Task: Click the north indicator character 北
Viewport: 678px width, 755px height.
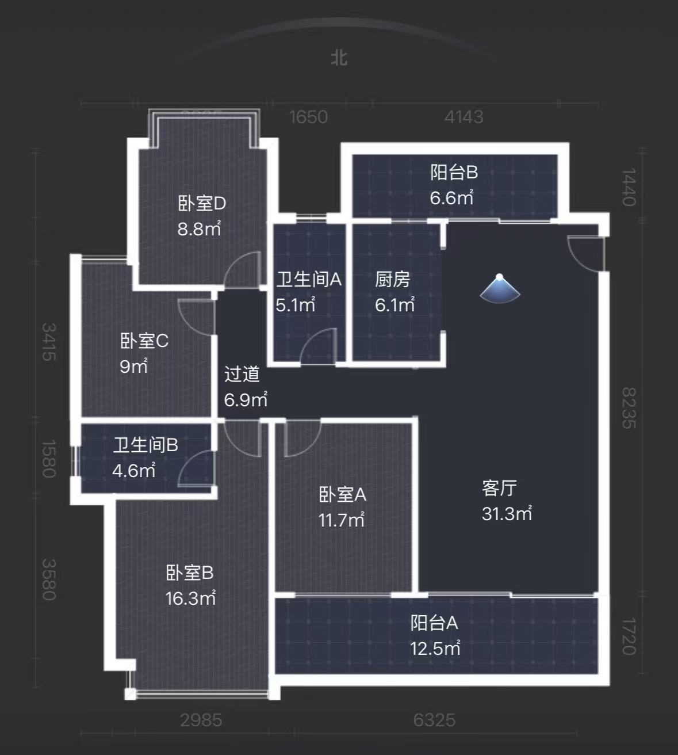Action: pyautogui.click(x=339, y=58)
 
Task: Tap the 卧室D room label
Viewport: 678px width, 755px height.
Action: pyautogui.click(x=201, y=204)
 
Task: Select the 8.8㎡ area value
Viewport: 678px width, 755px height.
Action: pyautogui.click(x=199, y=229)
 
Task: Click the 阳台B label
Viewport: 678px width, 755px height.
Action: pyautogui.click(x=454, y=172)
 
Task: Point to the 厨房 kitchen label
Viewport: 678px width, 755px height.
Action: pyautogui.click(x=393, y=280)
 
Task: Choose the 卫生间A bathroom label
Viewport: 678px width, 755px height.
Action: pyautogui.click(x=309, y=280)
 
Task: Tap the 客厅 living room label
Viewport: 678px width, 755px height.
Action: pyautogui.click(x=499, y=488)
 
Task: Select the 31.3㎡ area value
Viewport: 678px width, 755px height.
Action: pyautogui.click(x=507, y=513)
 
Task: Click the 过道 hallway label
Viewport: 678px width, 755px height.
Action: pyautogui.click(x=242, y=374)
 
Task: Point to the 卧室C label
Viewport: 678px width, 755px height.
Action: pyautogui.click(x=144, y=341)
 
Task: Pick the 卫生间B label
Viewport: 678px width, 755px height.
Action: pyautogui.click(x=145, y=445)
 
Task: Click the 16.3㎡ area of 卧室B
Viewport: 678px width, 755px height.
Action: pyautogui.click(x=190, y=598)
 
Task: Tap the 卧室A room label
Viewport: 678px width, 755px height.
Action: pyautogui.click(x=342, y=494)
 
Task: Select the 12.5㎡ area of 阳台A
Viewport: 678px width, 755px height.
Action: pyautogui.click(x=435, y=649)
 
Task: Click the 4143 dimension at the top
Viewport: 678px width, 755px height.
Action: pyautogui.click(x=464, y=117)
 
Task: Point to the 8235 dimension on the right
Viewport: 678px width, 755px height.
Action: pyautogui.click(x=629, y=407)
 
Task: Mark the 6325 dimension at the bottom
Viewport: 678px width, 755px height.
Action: pyautogui.click(x=434, y=720)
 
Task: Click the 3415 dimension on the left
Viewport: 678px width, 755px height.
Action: pyautogui.click(x=49, y=342)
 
